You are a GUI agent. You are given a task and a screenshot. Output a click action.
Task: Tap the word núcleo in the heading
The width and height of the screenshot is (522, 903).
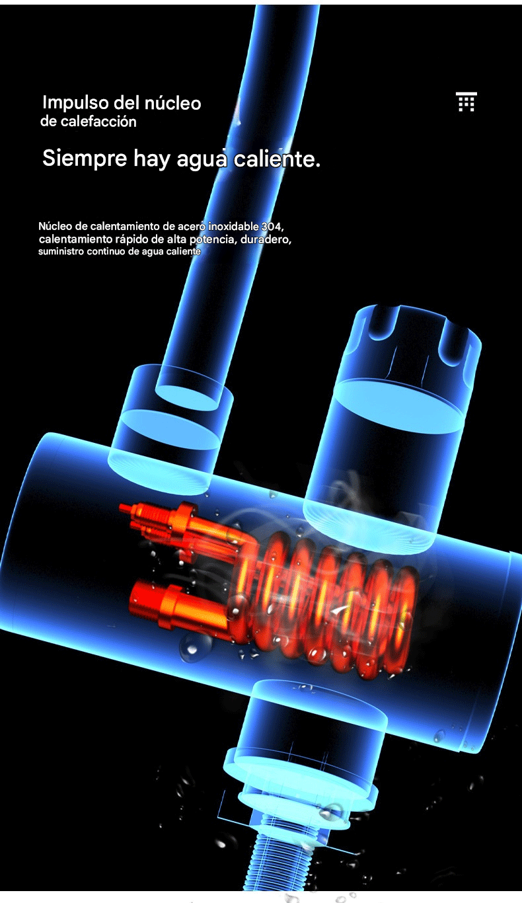pos(172,103)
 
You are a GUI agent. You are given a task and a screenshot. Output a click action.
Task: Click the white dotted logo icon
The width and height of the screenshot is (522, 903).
pos(466,101)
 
